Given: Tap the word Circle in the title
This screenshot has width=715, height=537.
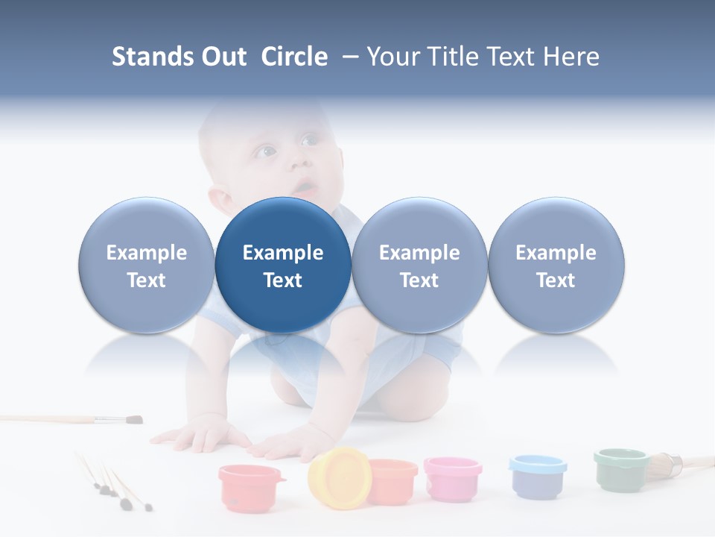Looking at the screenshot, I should [294, 57].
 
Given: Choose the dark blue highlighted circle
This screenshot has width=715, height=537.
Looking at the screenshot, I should [283, 266].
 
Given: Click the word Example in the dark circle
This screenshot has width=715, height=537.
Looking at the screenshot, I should [283, 253].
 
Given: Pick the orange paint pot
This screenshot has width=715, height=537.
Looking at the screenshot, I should [393, 481].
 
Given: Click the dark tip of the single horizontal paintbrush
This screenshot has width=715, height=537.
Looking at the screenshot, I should [133, 419].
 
